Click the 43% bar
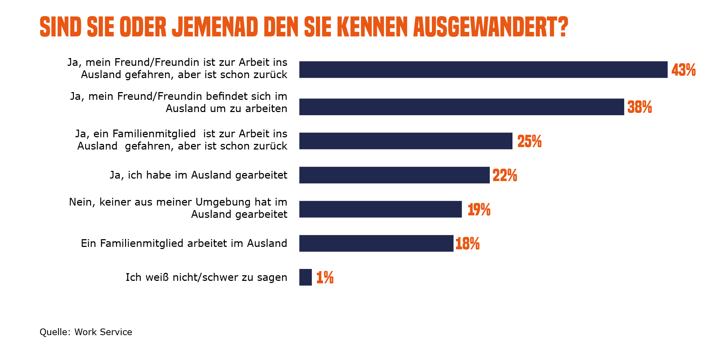(483, 69)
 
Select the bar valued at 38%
(461, 107)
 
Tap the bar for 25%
(406, 141)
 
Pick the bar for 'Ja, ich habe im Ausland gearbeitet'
(394, 175)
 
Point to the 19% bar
(380, 209)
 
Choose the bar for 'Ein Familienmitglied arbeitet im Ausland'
(376, 243)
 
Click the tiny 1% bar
(305, 277)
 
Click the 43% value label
(683, 70)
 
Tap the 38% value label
(640, 107)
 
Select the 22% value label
(505, 175)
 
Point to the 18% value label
(467, 244)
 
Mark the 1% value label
(325, 278)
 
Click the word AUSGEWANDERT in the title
(490, 27)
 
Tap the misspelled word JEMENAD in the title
(215, 27)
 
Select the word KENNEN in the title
(372, 27)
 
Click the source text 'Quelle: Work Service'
(86, 332)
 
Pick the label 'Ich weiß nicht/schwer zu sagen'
(206, 277)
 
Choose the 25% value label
(529, 141)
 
